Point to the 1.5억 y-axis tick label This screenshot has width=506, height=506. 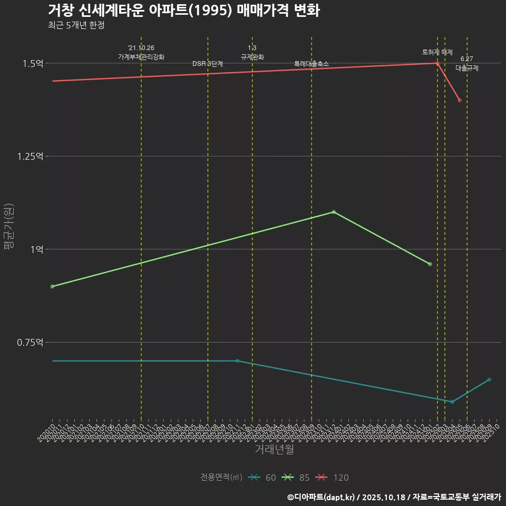(32, 63)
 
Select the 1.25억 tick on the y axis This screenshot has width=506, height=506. (30, 157)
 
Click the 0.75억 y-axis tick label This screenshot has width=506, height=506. (30, 343)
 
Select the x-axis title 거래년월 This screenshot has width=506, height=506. (274, 449)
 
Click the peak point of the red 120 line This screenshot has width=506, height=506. (437, 63)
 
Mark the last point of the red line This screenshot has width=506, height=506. (460, 100)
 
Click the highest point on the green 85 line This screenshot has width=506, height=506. (333, 212)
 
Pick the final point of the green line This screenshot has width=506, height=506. (430, 264)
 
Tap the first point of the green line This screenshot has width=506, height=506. (52, 286)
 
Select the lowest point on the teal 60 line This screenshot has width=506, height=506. (452, 402)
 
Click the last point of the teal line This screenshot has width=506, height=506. (489, 379)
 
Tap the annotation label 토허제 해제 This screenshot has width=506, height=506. (437, 52)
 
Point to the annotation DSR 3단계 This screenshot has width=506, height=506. (208, 64)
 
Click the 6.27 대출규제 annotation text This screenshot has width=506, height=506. (466, 63)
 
